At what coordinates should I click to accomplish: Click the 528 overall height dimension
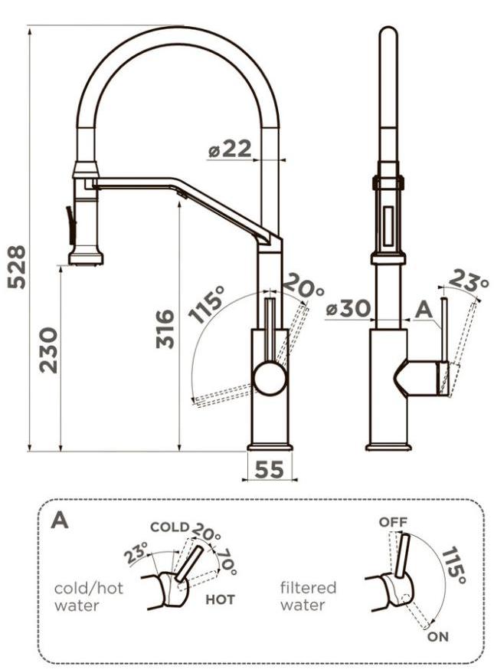[x=18, y=267]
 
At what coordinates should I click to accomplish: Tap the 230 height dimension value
[x=48, y=350]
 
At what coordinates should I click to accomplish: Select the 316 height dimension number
[x=165, y=329]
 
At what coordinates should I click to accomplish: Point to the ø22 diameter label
[x=230, y=149]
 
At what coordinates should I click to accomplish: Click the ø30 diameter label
[x=347, y=308]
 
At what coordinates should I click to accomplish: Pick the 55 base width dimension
[x=270, y=470]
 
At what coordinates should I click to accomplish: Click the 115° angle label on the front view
[x=206, y=304]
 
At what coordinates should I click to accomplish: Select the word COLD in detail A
[x=169, y=527]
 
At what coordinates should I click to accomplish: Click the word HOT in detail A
[x=221, y=599]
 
